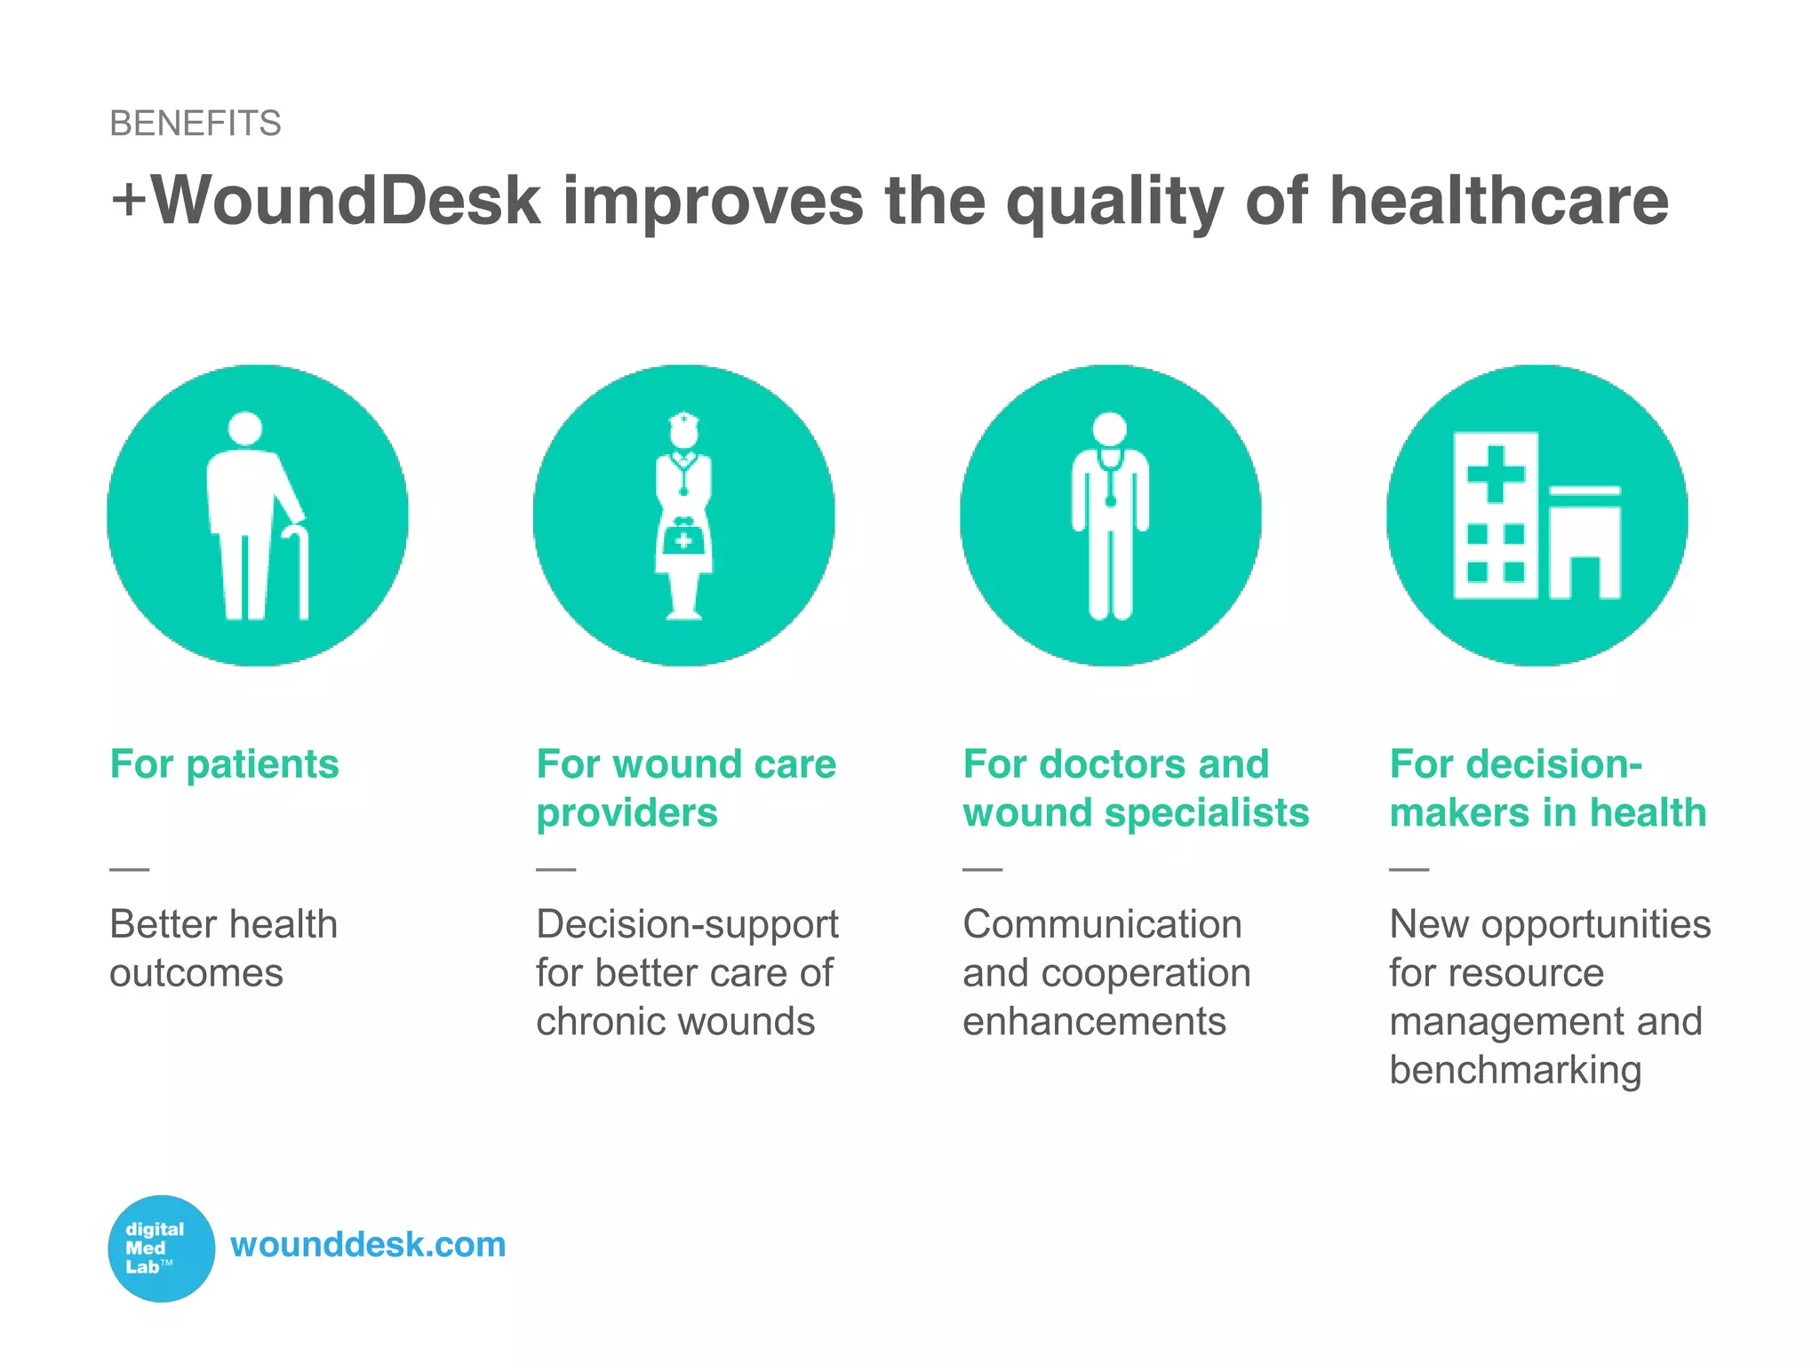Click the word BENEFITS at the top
point(196,124)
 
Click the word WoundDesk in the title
point(347,201)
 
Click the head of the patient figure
point(245,427)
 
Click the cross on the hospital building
point(1496,473)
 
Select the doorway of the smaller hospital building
point(1585,578)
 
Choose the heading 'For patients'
point(224,764)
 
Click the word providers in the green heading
point(627,813)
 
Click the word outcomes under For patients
point(196,974)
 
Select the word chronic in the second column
point(605,1022)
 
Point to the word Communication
point(1102,925)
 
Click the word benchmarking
point(1515,1071)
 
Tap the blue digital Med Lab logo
point(161,1248)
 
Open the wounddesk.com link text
point(368,1245)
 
